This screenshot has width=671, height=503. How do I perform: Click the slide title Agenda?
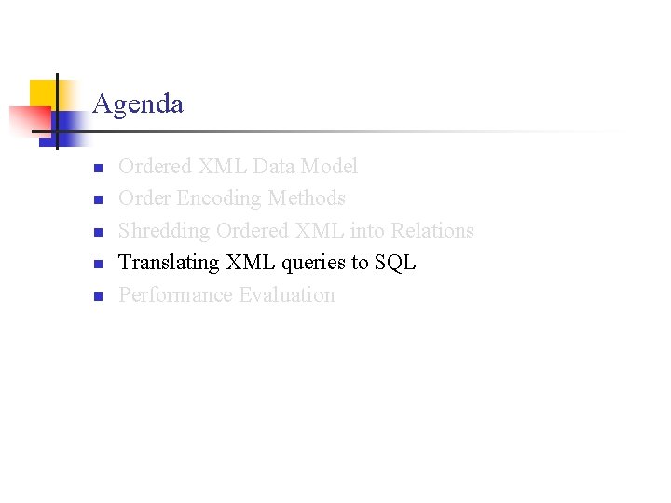(x=138, y=103)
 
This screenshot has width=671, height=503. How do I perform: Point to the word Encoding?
(x=219, y=199)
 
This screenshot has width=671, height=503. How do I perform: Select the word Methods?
(x=307, y=198)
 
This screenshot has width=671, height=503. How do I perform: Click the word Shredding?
(x=164, y=231)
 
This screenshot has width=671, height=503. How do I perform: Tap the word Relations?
(x=432, y=230)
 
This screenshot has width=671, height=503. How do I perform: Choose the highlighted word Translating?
(x=169, y=263)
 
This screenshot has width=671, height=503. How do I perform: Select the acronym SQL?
(x=395, y=263)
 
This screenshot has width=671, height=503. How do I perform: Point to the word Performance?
(x=175, y=295)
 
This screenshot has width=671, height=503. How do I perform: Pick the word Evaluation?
(x=287, y=295)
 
